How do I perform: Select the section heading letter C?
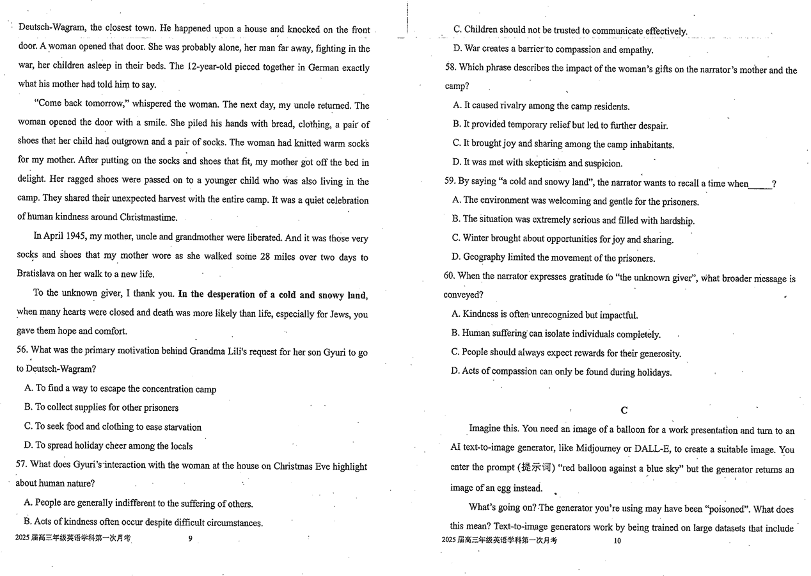coord(624,410)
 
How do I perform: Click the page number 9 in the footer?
coord(190,539)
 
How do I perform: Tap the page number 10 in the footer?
coord(617,541)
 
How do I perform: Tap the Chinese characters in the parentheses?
coord(537,468)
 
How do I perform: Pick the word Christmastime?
coord(146,218)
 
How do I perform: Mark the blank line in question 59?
coord(760,184)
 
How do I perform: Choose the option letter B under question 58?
coord(457,125)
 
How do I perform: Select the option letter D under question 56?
coord(28,445)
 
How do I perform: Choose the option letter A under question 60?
coord(456,314)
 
